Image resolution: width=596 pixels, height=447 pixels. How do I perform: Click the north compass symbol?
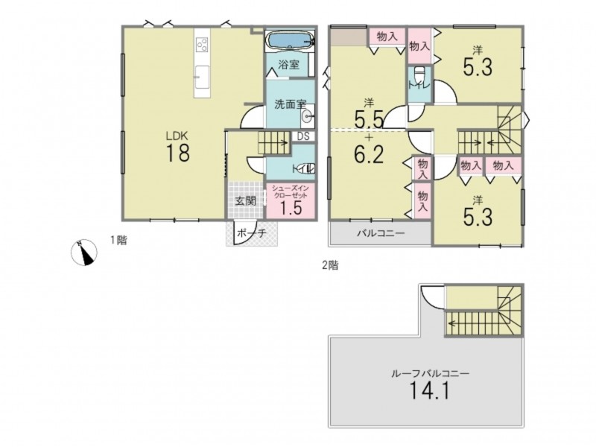click(84, 253)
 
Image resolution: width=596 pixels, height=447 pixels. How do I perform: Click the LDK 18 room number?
click(177, 153)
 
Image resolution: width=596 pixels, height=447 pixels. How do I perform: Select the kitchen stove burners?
click(202, 45)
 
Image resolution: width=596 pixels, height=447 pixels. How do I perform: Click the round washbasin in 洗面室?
click(307, 116)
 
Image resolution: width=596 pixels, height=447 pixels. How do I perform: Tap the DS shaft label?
click(303, 136)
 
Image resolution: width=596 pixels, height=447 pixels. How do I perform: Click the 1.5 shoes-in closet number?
click(291, 208)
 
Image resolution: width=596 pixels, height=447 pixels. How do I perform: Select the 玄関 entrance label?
click(245, 200)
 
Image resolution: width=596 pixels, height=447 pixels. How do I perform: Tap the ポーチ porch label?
click(251, 233)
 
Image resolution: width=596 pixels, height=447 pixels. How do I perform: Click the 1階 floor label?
click(118, 240)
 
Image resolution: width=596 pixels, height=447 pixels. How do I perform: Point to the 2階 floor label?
click(330, 265)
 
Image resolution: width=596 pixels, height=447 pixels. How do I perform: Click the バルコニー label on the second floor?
click(381, 233)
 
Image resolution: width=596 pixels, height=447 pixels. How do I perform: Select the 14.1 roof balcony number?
click(429, 390)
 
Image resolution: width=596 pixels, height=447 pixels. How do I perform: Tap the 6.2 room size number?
click(369, 154)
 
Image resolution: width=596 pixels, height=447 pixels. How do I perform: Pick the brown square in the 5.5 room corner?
click(349, 37)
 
